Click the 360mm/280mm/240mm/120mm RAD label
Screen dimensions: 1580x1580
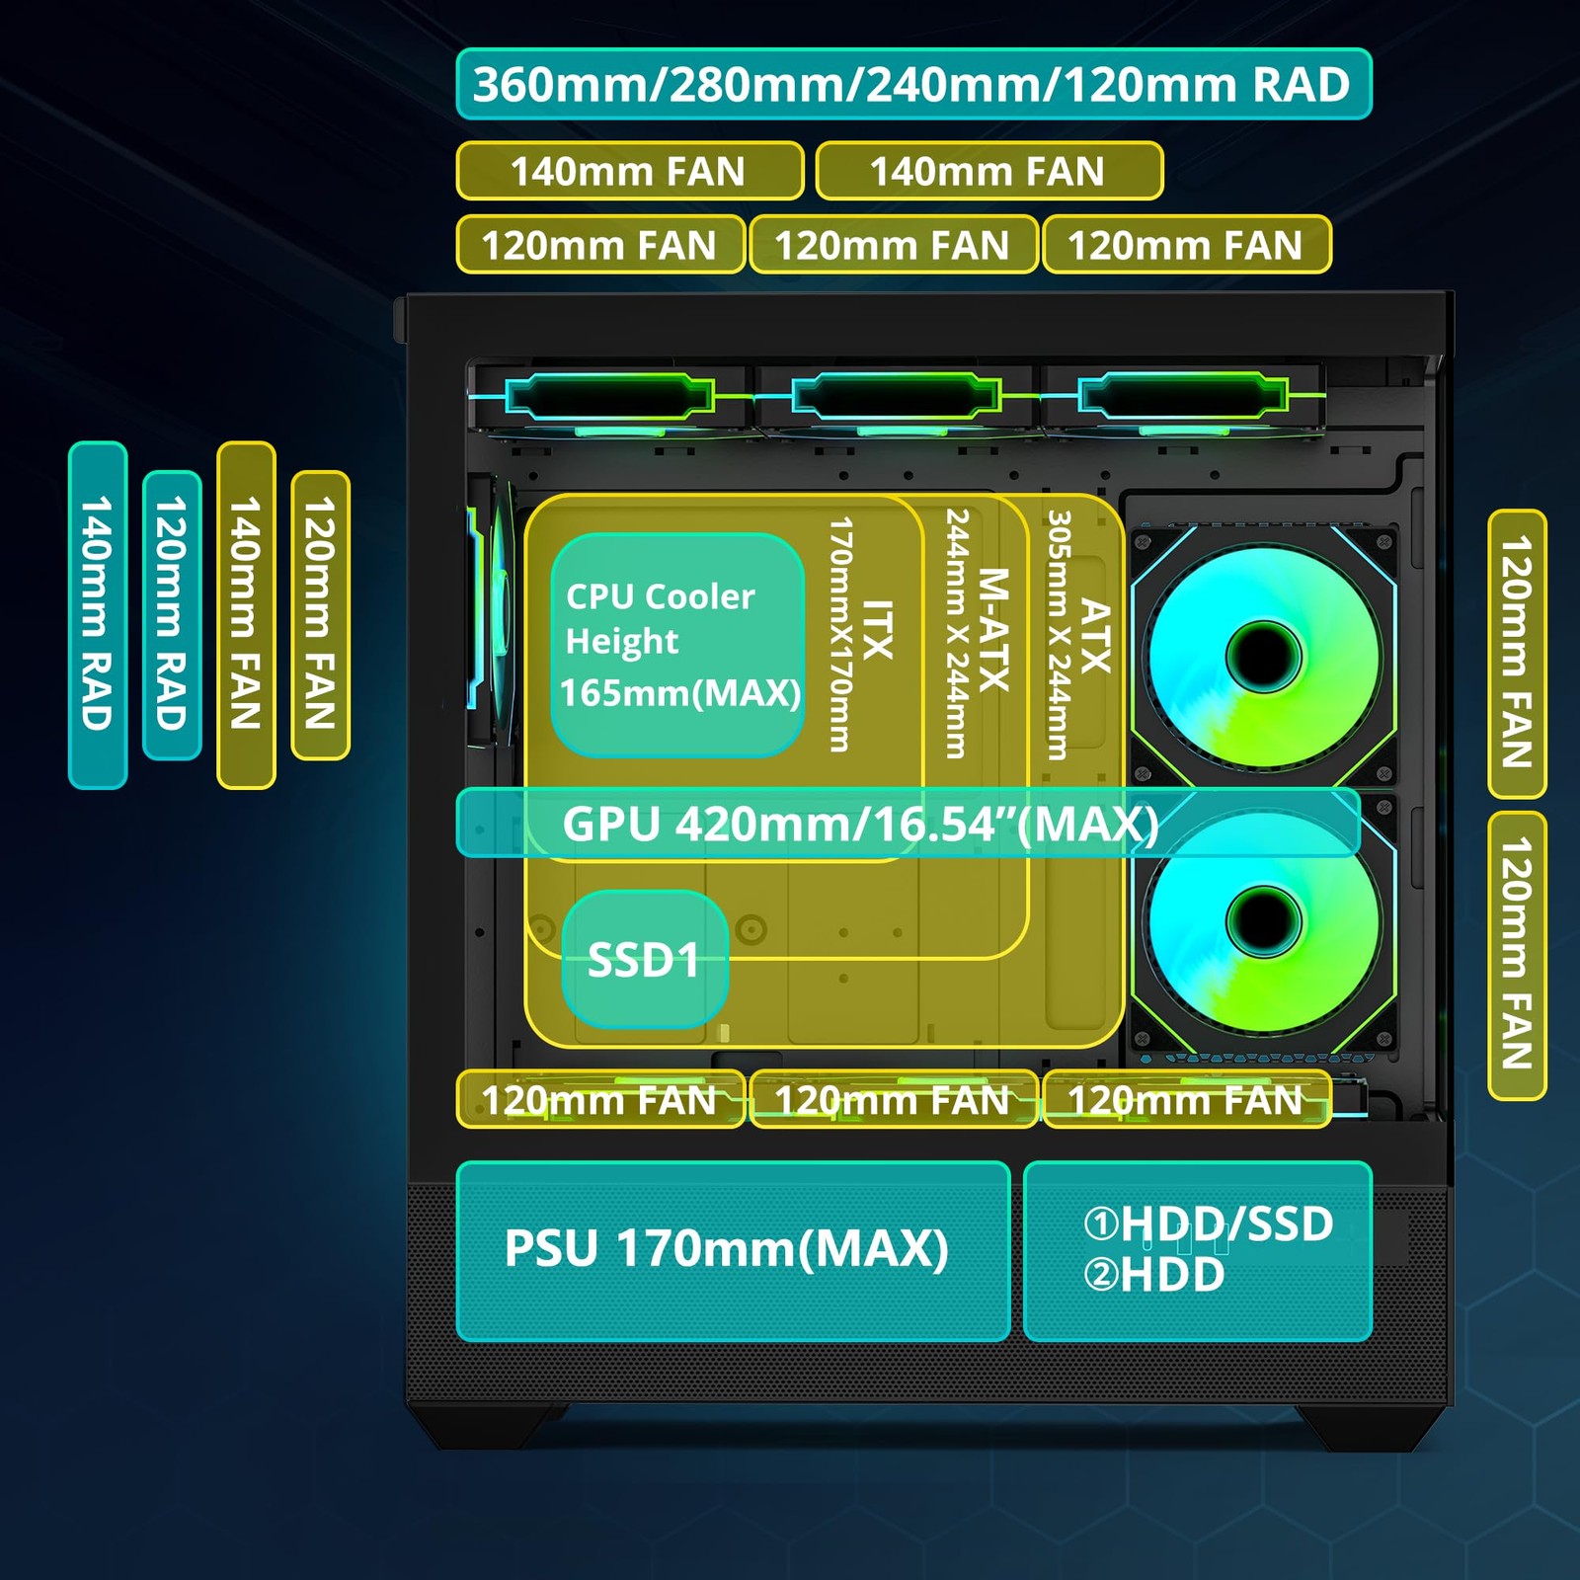(x=913, y=84)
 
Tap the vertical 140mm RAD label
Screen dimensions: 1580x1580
(x=98, y=615)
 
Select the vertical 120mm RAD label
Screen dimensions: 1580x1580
(x=172, y=615)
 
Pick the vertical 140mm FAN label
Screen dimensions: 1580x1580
(x=246, y=615)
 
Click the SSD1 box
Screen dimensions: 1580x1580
(x=645, y=960)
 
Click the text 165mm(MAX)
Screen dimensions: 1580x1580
(x=680, y=693)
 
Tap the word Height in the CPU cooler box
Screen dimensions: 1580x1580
(x=622, y=642)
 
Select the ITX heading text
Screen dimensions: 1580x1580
(x=877, y=630)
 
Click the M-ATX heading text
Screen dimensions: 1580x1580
(x=993, y=630)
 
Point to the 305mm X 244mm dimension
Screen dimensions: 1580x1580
(x=1058, y=635)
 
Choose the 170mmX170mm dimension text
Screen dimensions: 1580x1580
(x=839, y=635)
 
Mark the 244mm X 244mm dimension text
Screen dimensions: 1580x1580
(x=955, y=634)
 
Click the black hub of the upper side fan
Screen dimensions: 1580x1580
(x=1263, y=656)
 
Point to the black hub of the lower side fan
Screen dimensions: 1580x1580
(x=1263, y=921)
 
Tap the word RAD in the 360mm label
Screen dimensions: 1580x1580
(x=1301, y=85)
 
